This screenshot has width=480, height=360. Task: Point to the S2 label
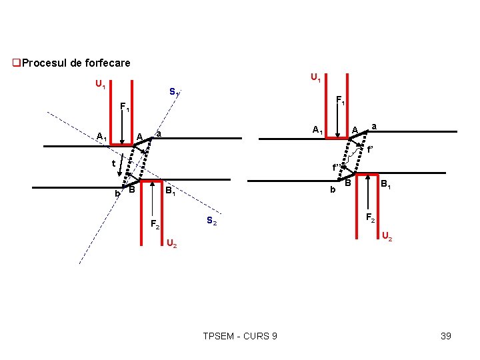click(211, 221)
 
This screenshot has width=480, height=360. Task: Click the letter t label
click(114, 163)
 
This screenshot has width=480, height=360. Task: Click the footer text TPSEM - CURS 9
click(240, 336)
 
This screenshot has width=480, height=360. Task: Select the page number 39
click(446, 336)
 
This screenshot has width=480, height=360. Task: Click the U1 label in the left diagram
click(100, 85)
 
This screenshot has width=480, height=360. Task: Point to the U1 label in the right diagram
click(316, 79)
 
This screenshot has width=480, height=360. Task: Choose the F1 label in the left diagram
click(125, 107)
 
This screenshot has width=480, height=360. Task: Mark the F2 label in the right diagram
click(371, 217)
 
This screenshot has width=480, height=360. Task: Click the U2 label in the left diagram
click(171, 243)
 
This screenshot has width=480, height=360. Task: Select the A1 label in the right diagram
click(318, 129)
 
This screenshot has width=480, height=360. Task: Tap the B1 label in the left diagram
click(171, 193)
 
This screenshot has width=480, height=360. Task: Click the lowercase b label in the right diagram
click(332, 191)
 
